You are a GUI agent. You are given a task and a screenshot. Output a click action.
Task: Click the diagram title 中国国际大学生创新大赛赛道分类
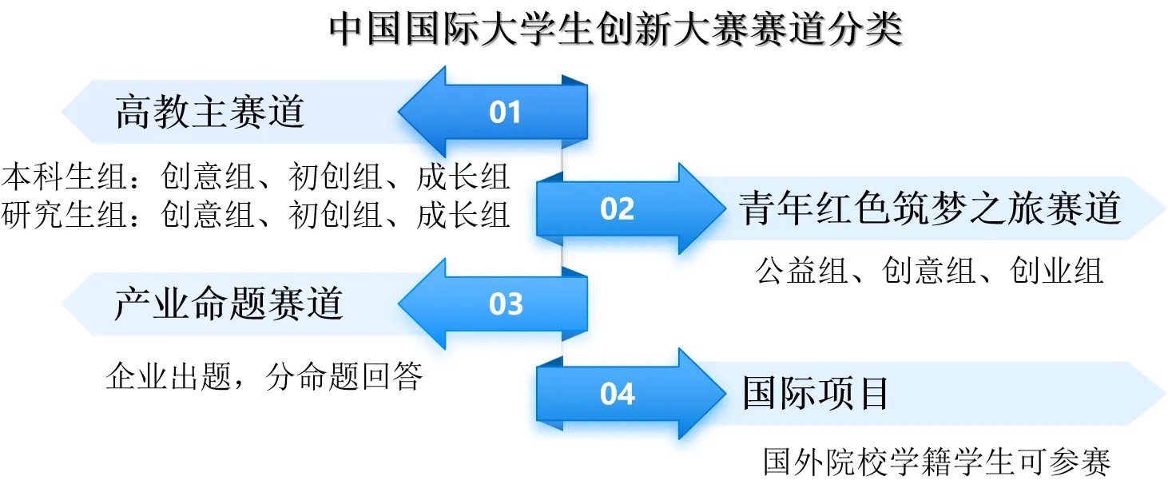click(x=616, y=29)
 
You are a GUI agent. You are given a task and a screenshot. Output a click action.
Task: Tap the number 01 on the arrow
click(x=505, y=112)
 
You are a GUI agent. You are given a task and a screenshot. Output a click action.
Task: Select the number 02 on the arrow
click(x=617, y=208)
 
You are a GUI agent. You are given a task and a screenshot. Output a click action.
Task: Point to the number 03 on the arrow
click(x=505, y=304)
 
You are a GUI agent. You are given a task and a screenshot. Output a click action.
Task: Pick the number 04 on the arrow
click(x=618, y=394)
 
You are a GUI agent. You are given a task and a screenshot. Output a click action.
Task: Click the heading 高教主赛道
click(x=210, y=112)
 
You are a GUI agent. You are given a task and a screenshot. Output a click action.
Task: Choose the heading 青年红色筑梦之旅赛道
click(x=930, y=208)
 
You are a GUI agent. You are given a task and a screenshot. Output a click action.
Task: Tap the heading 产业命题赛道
click(x=228, y=304)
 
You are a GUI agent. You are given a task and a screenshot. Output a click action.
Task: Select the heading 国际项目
click(x=815, y=393)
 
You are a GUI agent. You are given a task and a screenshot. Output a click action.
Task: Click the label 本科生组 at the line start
click(x=64, y=177)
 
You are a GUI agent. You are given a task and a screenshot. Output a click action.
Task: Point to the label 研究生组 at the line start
click(x=64, y=214)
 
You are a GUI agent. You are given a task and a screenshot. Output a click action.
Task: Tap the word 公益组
click(x=802, y=271)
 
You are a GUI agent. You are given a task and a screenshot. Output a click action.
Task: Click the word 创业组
click(x=1056, y=271)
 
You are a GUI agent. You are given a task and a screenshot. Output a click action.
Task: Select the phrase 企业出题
click(x=169, y=376)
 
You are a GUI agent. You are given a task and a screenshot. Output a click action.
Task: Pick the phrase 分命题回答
click(x=344, y=376)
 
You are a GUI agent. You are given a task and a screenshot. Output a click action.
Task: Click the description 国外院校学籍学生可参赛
click(x=937, y=462)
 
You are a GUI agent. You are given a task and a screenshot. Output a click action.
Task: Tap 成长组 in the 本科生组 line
click(x=463, y=177)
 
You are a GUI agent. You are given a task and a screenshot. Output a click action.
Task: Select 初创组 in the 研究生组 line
click(x=335, y=214)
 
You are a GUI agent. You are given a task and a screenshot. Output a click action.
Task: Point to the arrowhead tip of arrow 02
click(x=726, y=208)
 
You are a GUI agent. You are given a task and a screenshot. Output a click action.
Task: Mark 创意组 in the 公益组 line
click(x=929, y=271)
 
